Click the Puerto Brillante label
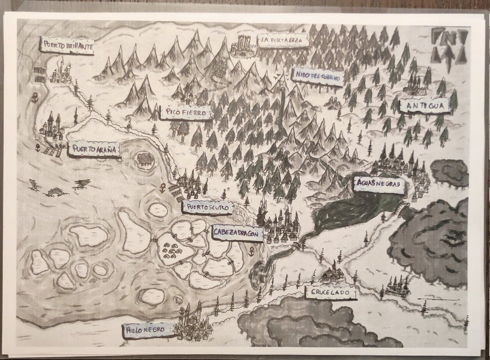(68, 46)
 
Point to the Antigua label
(424, 106)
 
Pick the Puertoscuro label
(209, 209)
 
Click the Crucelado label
(330, 292)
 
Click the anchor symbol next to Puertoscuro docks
(163, 189)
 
